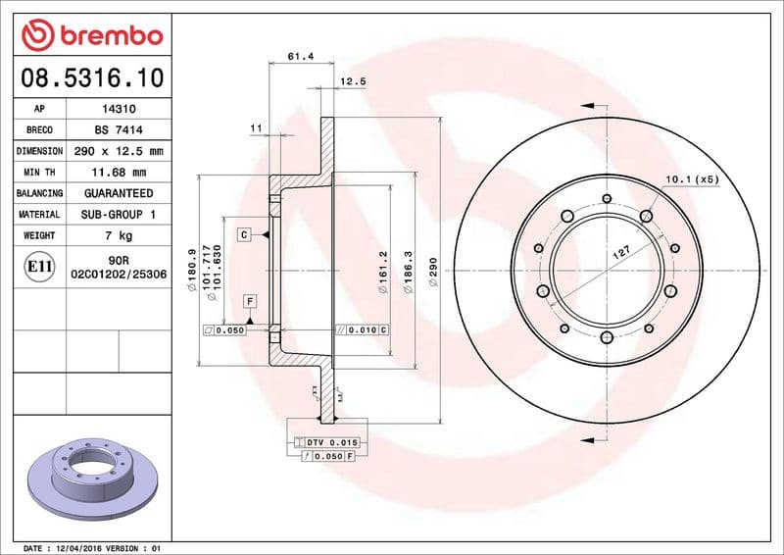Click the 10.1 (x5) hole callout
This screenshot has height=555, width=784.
[x=692, y=179]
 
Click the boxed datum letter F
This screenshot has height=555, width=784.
[x=250, y=299]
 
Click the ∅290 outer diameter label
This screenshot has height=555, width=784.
[x=432, y=272]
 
